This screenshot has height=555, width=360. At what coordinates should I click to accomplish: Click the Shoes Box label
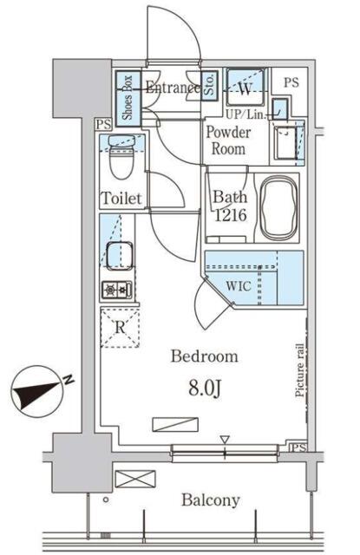(x=127, y=97)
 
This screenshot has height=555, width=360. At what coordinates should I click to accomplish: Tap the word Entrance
(x=173, y=87)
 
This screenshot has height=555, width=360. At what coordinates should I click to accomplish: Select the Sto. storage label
(x=209, y=85)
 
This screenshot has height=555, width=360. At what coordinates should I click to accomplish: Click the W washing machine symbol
(x=245, y=88)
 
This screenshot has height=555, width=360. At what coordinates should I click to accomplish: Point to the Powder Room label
(x=228, y=140)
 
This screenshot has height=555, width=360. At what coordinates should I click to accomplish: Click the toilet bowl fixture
(x=121, y=157)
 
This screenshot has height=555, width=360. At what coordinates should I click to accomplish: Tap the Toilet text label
(x=121, y=199)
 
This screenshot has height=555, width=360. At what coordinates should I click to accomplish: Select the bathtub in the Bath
(x=278, y=207)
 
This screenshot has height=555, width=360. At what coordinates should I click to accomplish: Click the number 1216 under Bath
(x=231, y=215)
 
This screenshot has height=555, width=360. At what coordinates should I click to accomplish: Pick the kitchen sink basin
(x=120, y=256)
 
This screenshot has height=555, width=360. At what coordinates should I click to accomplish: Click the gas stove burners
(x=117, y=291)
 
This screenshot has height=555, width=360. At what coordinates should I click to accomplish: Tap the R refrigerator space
(x=120, y=328)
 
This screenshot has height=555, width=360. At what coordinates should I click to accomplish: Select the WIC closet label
(x=239, y=286)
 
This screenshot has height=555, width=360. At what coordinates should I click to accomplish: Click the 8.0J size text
(x=205, y=388)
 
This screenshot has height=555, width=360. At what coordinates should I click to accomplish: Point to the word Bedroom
(x=204, y=356)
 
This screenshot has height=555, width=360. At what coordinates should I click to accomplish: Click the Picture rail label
(x=299, y=370)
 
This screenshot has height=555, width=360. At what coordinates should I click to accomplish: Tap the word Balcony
(x=211, y=500)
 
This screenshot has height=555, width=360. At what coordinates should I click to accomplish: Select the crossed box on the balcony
(x=135, y=479)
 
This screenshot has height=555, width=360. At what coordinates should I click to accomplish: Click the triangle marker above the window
(x=225, y=440)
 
